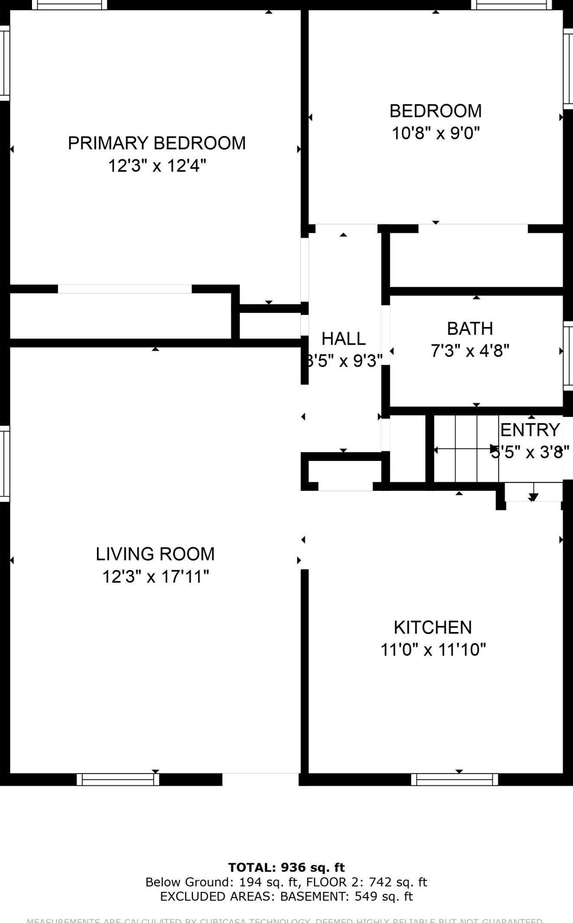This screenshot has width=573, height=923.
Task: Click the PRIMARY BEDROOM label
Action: (x=157, y=143)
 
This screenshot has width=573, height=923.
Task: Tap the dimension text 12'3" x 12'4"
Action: (x=157, y=166)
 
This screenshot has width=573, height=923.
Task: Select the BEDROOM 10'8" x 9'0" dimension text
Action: (x=435, y=133)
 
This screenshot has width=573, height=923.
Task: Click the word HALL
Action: (x=344, y=339)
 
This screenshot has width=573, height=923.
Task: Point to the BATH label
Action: (x=470, y=329)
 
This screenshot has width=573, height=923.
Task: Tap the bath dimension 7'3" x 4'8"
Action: (x=470, y=351)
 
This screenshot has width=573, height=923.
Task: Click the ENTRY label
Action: (x=530, y=430)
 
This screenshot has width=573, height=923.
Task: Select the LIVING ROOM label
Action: (x=155, y=554)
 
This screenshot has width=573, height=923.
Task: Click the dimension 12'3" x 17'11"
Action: (x=155, y=577)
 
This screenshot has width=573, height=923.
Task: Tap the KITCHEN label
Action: (x=433, y=628)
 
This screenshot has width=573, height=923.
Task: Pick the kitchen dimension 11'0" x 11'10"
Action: (x=433, y=650)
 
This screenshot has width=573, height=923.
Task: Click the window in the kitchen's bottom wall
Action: (x=454, y=780)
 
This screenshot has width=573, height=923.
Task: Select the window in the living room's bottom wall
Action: (x=118, y=780)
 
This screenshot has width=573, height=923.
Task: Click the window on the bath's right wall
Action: (x=568, y=356)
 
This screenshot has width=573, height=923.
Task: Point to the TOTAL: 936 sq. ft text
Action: (x=286, y=868)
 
